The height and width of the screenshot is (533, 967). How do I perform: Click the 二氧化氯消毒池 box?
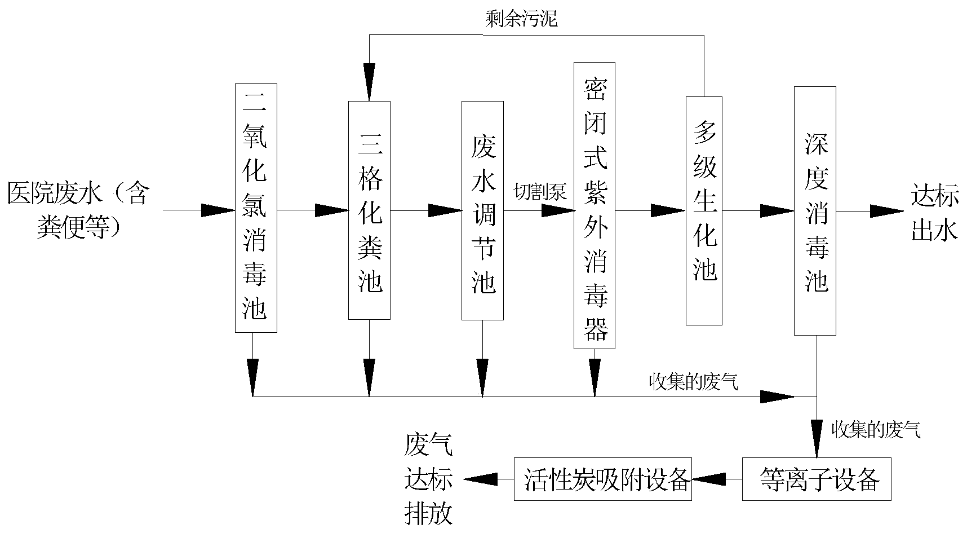click(x=256, y=208)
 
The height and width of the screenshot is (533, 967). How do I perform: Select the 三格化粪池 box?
click(x=369, y=210)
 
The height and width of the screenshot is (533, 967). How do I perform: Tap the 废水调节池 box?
click(x=482, y=210)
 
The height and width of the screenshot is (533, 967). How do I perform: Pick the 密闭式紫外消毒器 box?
click(x=595, y=206)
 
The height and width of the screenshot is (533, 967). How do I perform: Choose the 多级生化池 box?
click(x=704, y=210)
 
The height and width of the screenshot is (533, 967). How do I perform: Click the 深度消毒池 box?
click(x=815, y=211)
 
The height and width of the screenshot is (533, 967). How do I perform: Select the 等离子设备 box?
click(x=816, y=480)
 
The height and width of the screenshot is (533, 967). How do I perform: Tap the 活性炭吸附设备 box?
click(x=602, y=480)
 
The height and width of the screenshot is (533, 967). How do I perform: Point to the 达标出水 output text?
click(x=934, y=214)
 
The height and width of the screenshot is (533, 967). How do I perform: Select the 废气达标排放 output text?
click(x=428, y=479)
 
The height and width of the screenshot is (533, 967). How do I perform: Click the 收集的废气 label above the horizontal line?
click(x=693, y=383)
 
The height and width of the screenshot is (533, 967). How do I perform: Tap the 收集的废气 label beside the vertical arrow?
click(x=876, y=430)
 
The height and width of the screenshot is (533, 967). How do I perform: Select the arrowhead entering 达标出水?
click(x=886, y=212)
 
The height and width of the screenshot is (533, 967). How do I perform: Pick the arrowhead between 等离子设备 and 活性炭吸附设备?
click(x=709, y=479)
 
